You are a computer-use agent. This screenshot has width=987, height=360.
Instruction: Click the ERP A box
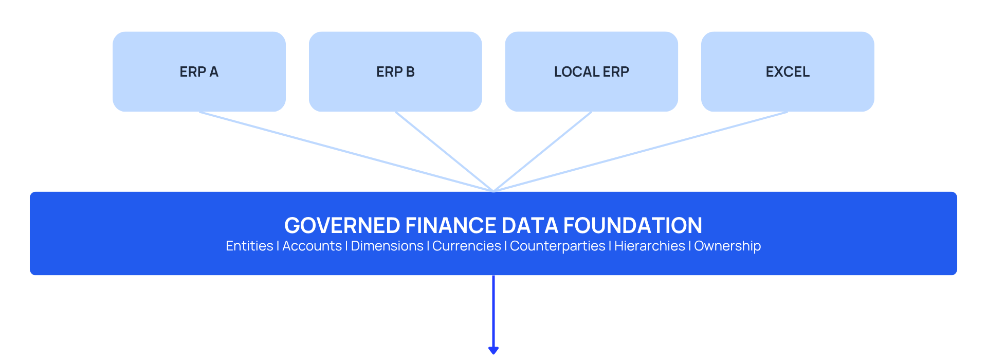(199, 71)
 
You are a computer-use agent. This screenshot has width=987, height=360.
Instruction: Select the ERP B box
(395, 71)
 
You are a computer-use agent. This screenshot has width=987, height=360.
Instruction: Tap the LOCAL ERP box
(592, 71)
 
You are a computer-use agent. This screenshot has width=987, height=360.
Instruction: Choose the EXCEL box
(788, 71)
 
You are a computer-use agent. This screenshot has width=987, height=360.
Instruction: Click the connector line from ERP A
(346, 152)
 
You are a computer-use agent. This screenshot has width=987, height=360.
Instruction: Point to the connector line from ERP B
(445, 152)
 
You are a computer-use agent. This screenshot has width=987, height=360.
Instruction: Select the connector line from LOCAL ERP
(543, 152)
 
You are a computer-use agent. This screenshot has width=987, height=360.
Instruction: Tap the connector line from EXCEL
(641, 152)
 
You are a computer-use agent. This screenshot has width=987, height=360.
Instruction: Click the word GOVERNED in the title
(342, 226)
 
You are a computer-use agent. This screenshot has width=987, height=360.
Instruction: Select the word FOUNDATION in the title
(633, 226)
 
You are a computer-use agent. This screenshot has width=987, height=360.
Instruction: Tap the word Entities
(249, 246)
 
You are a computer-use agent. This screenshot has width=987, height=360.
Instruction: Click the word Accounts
(312, 246)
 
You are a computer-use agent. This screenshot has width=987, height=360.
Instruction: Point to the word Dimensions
(387, 246)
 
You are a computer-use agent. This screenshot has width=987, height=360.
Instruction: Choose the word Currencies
(467, 246)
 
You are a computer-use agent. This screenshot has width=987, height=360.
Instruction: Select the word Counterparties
(558, 246)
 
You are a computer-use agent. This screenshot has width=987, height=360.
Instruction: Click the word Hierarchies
(650, 246)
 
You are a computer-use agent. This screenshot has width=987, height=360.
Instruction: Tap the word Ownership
(727, 246)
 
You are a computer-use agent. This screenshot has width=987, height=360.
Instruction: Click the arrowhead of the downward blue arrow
(493, 350)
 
